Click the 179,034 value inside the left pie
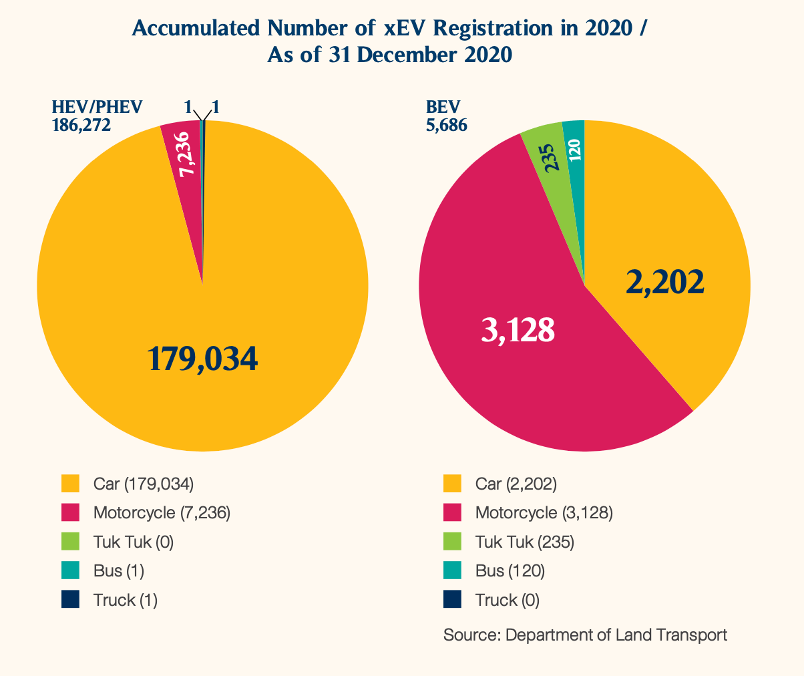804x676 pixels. point(202,359)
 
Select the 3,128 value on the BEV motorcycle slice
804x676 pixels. point(518,329)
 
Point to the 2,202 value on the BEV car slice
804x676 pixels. point(665,283)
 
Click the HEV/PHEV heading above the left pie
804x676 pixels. point(97,107)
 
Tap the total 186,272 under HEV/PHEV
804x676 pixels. point(81,124)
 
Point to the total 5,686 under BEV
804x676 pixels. point(446,124)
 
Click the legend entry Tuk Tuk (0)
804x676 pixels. point(134,542)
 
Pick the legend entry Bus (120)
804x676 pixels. point(510,571)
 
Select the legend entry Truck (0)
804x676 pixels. point(508,600)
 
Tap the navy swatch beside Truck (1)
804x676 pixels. point(70,599)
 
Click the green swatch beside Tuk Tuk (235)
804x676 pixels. point(453,541)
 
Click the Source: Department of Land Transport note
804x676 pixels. point(585,635)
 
